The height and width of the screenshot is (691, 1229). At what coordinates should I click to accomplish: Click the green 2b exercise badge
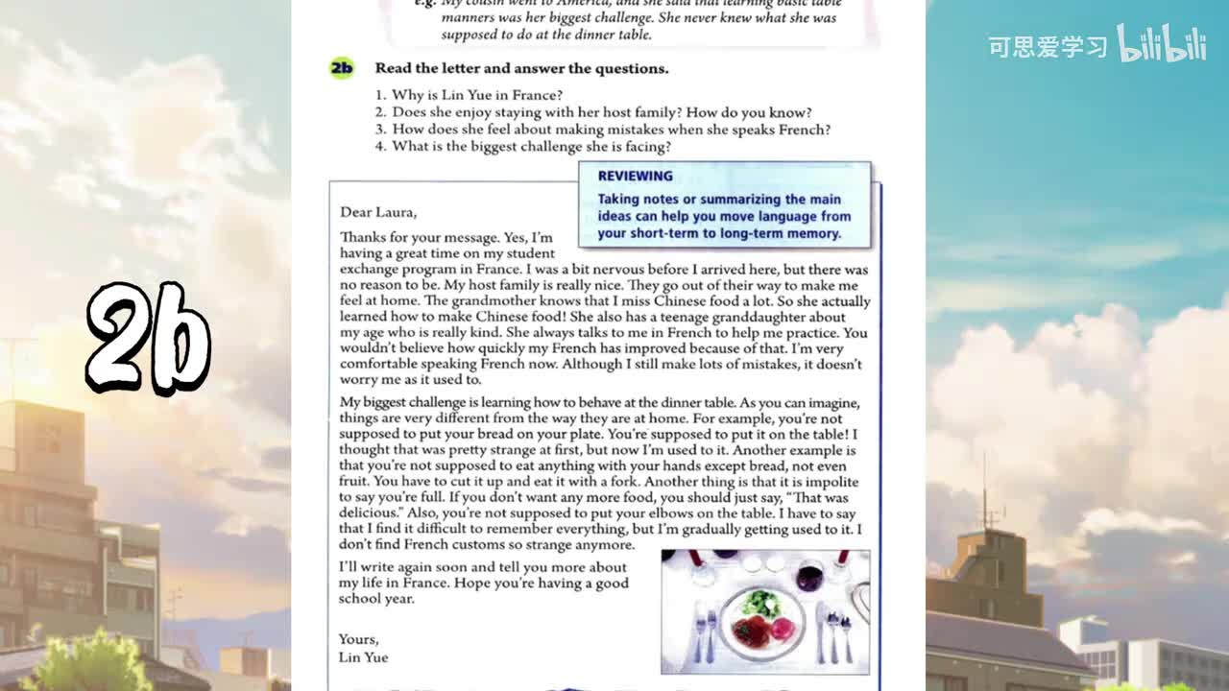341,68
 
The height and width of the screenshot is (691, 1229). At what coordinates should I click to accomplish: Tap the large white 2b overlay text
149,337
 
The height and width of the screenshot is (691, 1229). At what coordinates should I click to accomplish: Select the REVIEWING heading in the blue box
635,176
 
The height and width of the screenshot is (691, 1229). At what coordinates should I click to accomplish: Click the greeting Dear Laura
378,212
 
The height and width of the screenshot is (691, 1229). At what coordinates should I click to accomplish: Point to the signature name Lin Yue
363,657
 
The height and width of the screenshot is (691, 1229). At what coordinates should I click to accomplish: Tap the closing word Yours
358,639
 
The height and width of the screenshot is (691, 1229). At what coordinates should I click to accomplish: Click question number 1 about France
469,95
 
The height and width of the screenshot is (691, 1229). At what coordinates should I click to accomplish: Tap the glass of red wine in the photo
809,577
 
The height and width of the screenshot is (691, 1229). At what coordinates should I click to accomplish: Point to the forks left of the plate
705,633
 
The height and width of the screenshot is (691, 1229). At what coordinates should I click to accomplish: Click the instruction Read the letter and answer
521,68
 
